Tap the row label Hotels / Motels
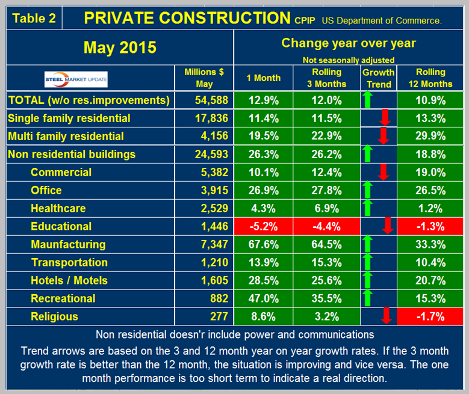[x=69, y=280]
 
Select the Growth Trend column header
[x=378, y=78]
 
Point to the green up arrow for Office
[x=368, y=190]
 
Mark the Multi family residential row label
[x=66, y=136]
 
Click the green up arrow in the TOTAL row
[x=368, y=99]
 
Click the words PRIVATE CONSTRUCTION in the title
[x=187, y=17]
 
